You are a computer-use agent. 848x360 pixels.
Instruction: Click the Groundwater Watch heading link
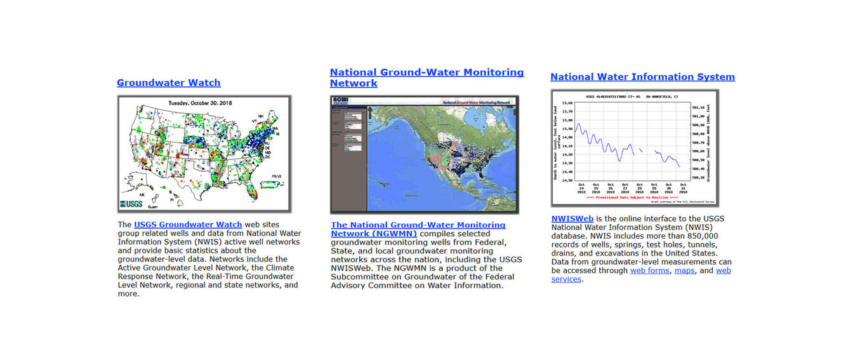click(x=168, y=83)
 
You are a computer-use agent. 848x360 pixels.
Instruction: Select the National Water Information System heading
click(x=642, y=77)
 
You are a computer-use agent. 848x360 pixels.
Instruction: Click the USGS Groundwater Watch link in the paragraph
click(x=188, y=225)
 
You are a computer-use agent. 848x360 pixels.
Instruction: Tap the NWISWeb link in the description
click(x=572, y=219)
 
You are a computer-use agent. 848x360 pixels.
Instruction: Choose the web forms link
click(x=650, y=270)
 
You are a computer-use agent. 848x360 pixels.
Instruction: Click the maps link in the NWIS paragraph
click(x=684, y=270)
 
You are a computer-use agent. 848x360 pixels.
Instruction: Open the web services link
click(x=723, y=270)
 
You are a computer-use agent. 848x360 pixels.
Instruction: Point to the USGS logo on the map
click(x=131, y=204)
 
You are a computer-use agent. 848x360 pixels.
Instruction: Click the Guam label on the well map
click(x=152, y=206)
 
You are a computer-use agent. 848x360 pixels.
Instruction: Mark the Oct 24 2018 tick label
click(x=581, y=189)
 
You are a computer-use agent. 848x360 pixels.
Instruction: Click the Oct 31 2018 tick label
click(x=683, y=189)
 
